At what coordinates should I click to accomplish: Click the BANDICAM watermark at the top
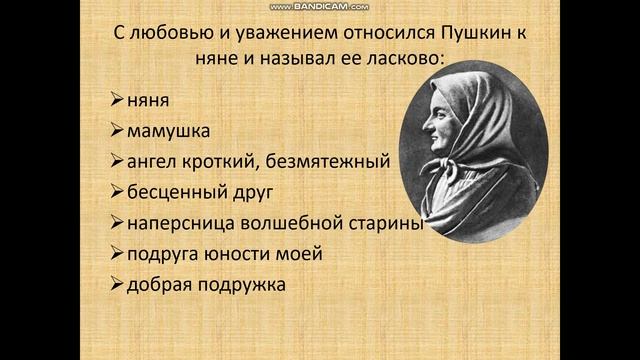pyautogui.click(x=320, y=6)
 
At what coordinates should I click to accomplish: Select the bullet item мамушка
pyautogui.click(x=166, y=131)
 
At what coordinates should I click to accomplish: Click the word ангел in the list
pyautogui.click(x=151, y=161)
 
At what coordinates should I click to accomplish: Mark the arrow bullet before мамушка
pyautogui.click(x=115, y=131)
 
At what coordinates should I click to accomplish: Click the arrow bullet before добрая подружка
pyautogui.click(x=115, y=284)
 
